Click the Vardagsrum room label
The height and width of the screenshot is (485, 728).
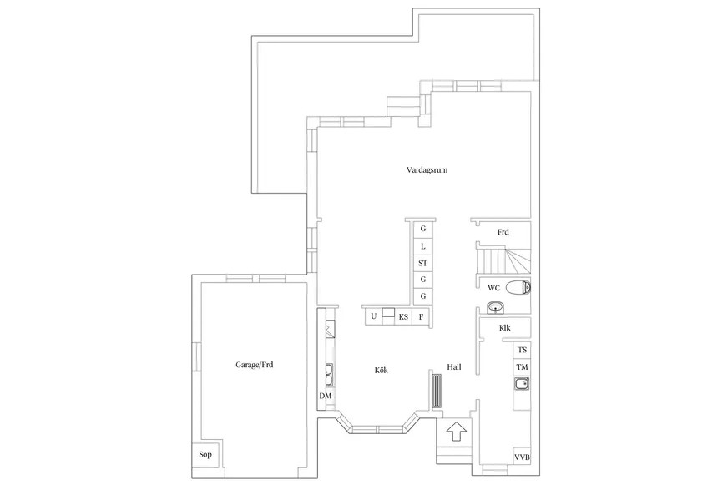[427, 169]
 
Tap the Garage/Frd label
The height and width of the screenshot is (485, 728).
[255, 365]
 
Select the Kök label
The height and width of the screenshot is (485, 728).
[382, 370]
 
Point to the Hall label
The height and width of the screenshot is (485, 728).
[454, 366]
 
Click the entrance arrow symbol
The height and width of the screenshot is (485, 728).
[456, 432]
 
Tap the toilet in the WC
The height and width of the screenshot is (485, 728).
[518, 288]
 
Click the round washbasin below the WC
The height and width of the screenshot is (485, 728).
[496, 307]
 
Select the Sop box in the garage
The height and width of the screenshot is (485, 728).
[205, 454]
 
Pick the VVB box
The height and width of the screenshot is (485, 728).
[522, 457]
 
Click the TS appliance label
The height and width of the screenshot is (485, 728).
[523, 350]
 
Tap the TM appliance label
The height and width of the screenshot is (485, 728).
[523, 367]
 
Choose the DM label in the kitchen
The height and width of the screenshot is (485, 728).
[326, 396]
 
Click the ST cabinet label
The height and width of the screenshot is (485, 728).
[422, 263]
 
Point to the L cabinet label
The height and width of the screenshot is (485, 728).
[423, 246]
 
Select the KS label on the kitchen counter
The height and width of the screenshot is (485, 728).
[403, 317]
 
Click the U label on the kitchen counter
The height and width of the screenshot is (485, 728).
[374, 316]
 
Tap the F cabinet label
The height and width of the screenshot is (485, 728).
[421, 317]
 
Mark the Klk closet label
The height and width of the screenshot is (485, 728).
[505, 328]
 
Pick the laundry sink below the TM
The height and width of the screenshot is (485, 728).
[522, 384]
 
